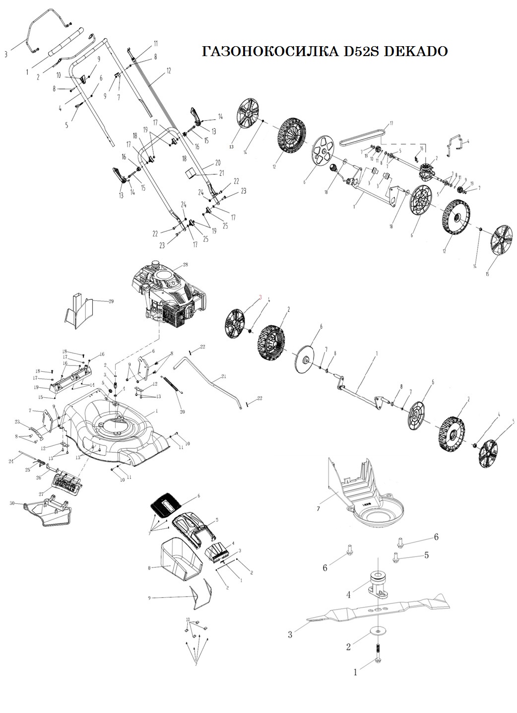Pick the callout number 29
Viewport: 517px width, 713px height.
(110, 301)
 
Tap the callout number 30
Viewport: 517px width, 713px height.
(12, 502)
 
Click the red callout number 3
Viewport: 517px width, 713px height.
(259, 297)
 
